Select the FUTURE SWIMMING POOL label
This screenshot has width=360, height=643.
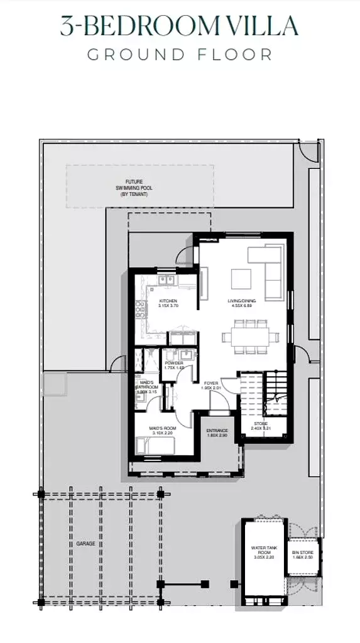click(x=133, y=188)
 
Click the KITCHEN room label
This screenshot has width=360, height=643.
click(x=151, y=302)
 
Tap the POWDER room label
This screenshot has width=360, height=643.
click(x=174, y=363)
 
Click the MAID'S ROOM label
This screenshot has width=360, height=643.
click(x=161, y=429)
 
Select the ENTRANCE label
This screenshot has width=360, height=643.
click(x=217, y=430)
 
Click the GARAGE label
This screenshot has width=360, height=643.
click(x=86, y=543)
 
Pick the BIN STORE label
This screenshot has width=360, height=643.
click(x=302, y=554)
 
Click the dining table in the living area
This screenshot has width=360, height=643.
click(x=249, y=337)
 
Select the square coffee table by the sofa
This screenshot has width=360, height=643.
click(x=241, y=278)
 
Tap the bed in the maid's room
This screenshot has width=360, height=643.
click(x=157, y=446)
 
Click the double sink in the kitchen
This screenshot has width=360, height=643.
click(x=166, y=281)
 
